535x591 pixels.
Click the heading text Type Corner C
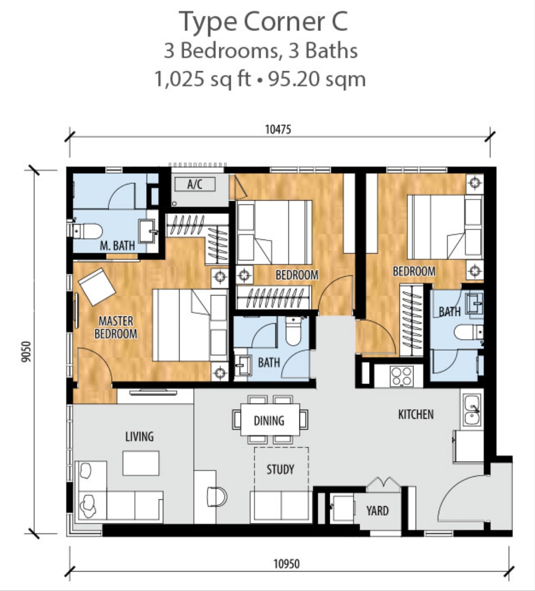[264, 23]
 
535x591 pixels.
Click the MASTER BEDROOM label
[116, 327]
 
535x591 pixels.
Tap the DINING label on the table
[269, 420]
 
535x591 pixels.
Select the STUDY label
[280, 469]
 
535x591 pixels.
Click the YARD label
[377, 510]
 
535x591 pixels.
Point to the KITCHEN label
[416, 414]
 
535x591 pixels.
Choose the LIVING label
[139, 436]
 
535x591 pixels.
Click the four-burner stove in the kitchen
[402, 375]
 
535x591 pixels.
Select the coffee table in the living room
[141, 463]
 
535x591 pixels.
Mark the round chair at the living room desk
[217, 496]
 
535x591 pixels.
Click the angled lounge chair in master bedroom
[97, 286]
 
